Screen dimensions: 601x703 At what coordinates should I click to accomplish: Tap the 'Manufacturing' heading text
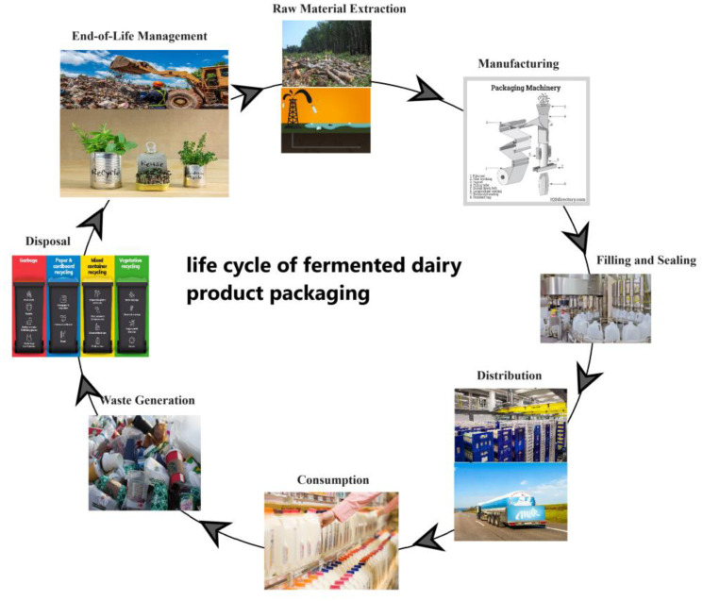point(518,64)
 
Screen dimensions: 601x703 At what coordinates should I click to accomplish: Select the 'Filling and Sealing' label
point(646,260)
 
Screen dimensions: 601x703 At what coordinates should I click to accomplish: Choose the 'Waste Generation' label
point(142,400)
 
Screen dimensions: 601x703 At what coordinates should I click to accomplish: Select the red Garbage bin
point(29,304)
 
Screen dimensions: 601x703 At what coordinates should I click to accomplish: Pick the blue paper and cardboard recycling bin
point(62,304)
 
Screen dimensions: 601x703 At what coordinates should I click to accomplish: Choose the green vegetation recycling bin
point(130,304)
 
